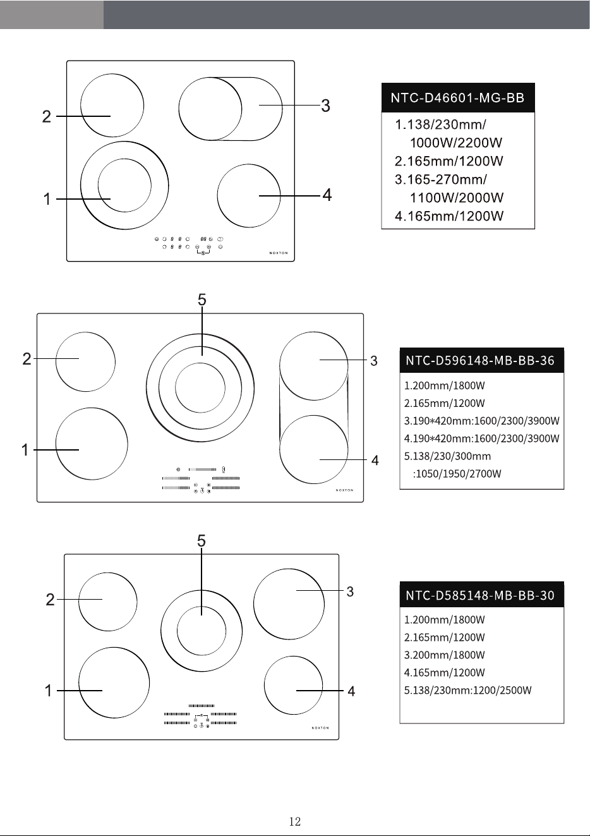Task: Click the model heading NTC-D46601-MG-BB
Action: (x=457, y=98)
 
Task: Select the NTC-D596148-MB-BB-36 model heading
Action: (x=480, y=361)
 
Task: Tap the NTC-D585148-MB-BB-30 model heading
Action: (x=480, y=595)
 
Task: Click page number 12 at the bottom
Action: (x=295, y=821)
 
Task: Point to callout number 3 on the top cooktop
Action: (x=325, y=106)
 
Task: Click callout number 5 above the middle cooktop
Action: (x=202, y=300)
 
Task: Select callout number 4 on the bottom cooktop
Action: (x=351, y=691)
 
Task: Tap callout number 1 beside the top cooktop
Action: (x=47, y=199)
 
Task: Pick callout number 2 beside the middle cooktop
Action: (x=27, y=359)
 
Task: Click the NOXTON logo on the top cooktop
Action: (x=279, y=253)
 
